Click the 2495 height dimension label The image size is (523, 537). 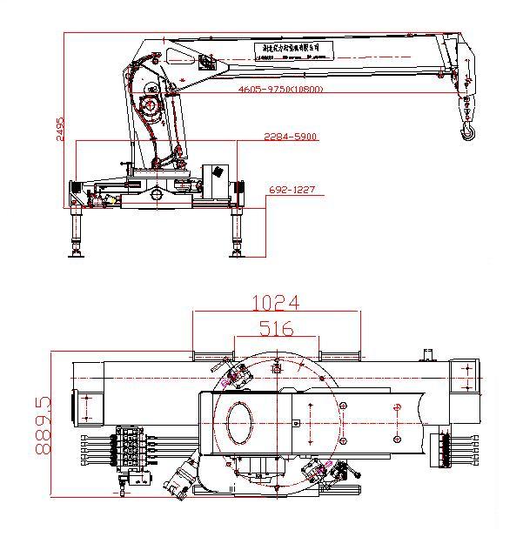(x=62, y=131)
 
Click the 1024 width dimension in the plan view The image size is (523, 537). (x=275, y=303)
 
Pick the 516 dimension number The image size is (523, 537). (x=275, y=328)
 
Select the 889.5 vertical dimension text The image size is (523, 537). (x=43, y=426)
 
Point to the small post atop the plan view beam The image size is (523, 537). (x=428, y=353)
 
